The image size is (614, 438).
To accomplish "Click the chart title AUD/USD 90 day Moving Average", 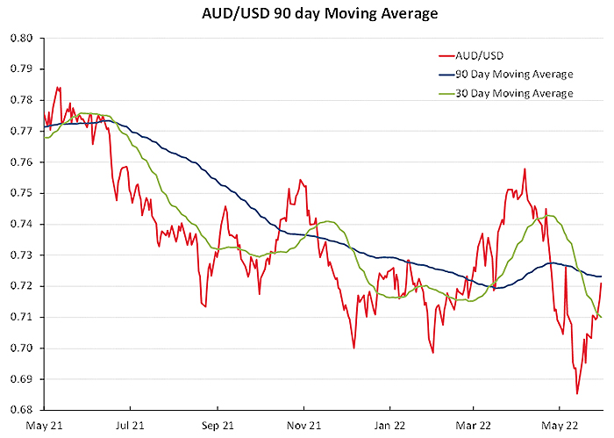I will point(306,14).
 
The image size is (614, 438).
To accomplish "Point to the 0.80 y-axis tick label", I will point(21,39).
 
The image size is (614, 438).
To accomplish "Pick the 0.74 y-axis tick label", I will point(21,224).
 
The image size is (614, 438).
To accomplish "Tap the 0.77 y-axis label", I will point(21,131).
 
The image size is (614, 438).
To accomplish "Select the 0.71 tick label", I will point(21,317).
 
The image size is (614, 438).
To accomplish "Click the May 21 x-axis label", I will point(45,425).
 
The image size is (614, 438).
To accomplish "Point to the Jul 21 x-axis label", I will point(130,425).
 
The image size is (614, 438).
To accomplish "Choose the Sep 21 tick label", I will point(217,425).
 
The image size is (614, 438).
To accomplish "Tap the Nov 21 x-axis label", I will point(303,425).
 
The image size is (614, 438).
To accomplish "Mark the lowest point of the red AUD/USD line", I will point(577,393).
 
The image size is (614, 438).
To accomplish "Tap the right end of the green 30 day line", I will point(602,318).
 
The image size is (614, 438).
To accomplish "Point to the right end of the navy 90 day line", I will point(602,276).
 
